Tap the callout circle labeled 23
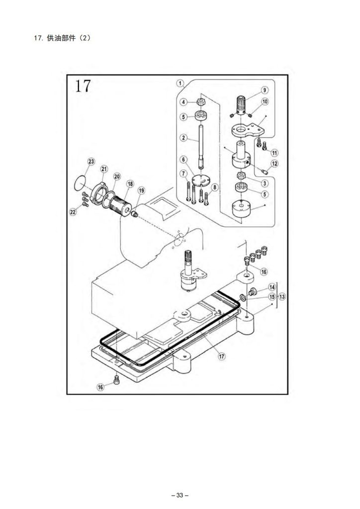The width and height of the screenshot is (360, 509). pyautogui.click(x=91, y=162)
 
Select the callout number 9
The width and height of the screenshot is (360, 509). pyautogui.click(x=265, y=90)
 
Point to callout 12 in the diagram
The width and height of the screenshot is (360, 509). pyautogui.click(x=274, y=164)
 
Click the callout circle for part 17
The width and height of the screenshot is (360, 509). pyautogui.click(x=222, y=356)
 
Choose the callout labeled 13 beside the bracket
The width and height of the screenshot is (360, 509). pyautogui.click(x=282, y=297)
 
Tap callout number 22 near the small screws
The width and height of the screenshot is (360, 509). pyautogui.click(x=73, y=212)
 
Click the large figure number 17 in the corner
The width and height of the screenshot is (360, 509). pyautogui.click(x=83, y=86)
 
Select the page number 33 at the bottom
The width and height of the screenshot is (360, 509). pyautogui.click(x=180, y=495)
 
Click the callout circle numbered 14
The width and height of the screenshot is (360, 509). pyautogui.click(x=272, y=287)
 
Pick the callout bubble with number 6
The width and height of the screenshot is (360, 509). pyautogui.click(x=183, y=160)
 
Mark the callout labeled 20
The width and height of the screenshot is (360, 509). pyautogui.click(x=117, y=176)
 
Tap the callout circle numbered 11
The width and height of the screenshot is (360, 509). pyautogui.click(x=274, y=152)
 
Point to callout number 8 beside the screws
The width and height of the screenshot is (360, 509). pyautogui.click(x=214, y=187)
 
